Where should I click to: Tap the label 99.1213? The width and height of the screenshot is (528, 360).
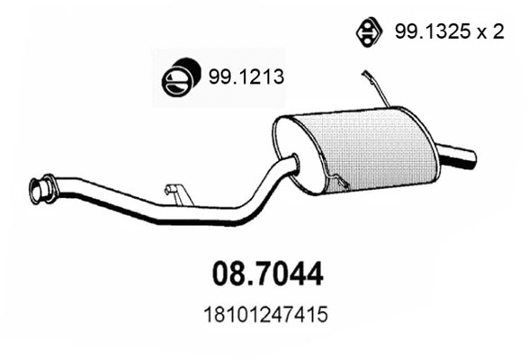[x=247, y=78]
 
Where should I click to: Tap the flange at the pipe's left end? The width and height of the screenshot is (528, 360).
[x=39, y=189]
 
